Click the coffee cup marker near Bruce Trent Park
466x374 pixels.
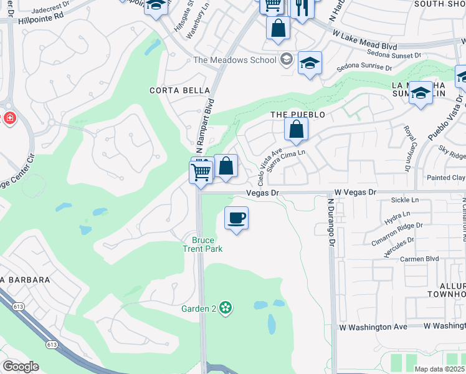click(235, 219)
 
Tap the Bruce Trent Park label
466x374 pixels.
click(202, 244)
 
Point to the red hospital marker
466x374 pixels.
click(9, 118)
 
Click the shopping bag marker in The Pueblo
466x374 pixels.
click(297, 130)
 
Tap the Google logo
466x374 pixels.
click(21, 367)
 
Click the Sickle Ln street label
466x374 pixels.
click(405, 200)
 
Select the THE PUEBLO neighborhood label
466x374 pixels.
click(297, 115)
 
